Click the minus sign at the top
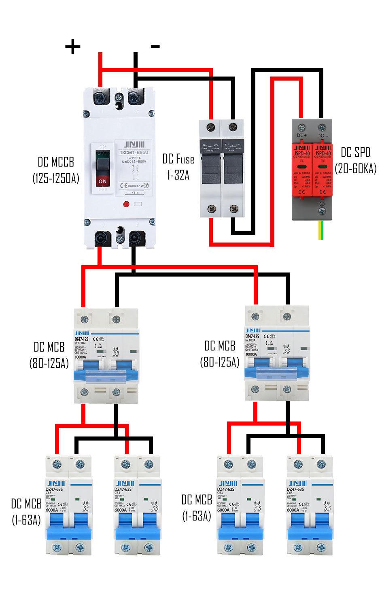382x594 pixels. [x=155, y=47]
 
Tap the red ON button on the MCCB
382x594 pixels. [x=103, y=181]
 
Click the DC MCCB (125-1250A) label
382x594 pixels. [x=56, y=170]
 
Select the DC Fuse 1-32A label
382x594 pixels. [x=178, y=166]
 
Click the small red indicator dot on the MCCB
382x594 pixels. [x=125, y=204]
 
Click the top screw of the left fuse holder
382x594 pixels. [x=211, y=127]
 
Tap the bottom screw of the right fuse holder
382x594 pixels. [x=233, y=209]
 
